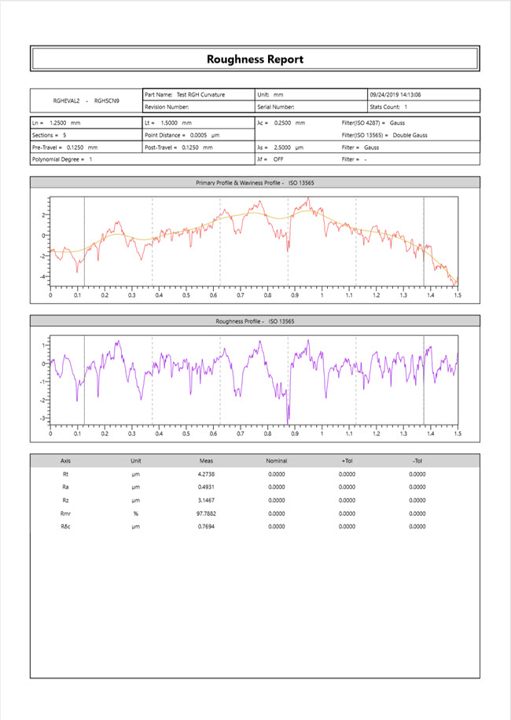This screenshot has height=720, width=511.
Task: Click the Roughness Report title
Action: tap(255, 59)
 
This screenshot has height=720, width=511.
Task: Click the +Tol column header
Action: tap(347, 461)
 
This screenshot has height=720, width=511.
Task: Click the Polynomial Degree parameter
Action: tap(62, 159)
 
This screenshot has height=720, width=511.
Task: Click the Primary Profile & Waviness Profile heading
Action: tap(255, 183)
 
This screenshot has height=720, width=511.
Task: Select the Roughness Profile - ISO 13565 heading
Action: tap(255, 321)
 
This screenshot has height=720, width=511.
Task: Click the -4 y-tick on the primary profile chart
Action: tap(44, 276)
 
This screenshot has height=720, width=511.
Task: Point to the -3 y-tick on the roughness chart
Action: tap(44, 418)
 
